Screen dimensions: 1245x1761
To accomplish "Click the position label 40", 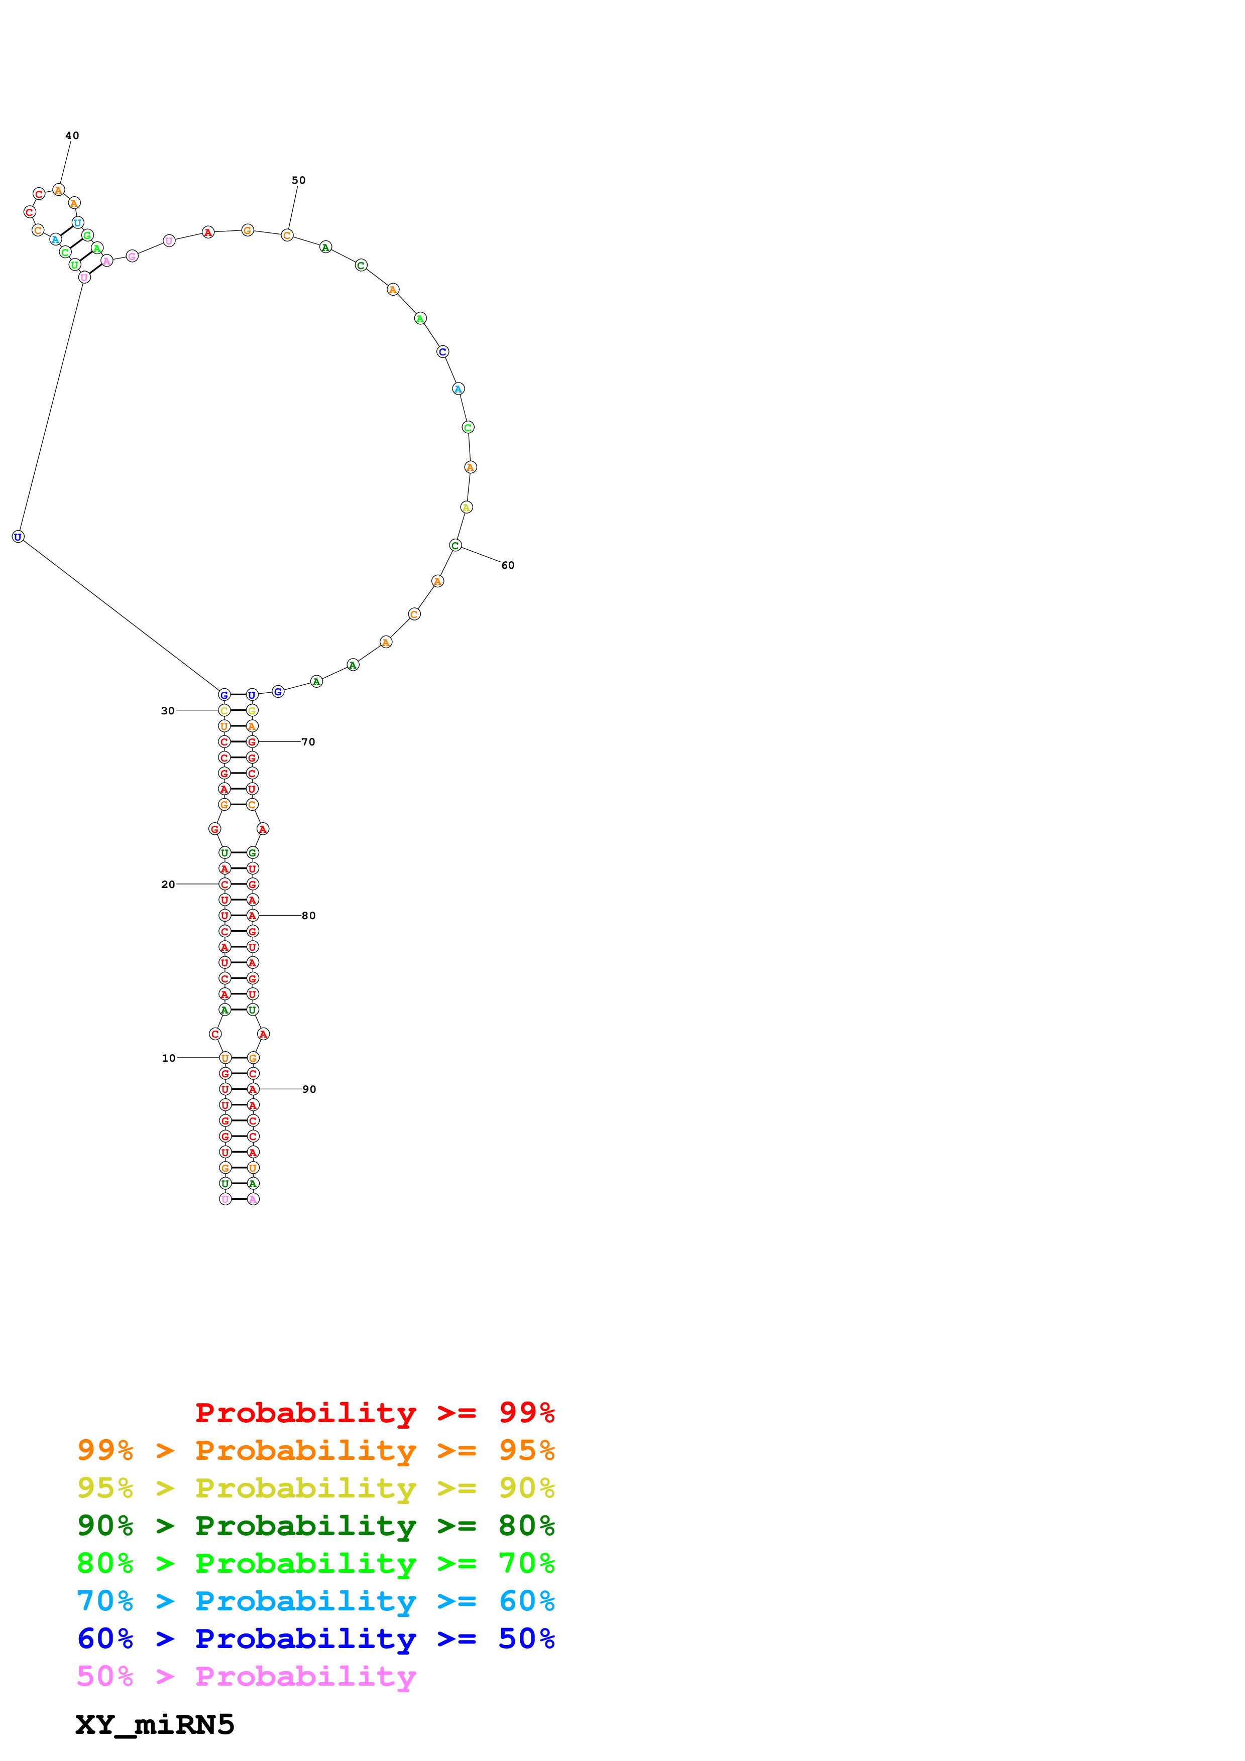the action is [72, 136].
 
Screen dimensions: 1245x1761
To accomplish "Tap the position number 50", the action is [298, 180].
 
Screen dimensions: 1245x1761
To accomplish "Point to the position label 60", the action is [508, 565].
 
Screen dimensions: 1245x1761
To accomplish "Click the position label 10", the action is [168, 1058].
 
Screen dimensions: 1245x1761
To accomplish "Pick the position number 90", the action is [309, 1089].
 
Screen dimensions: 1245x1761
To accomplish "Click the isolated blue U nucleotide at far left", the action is [18, 537].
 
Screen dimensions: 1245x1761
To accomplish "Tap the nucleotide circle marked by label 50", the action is [287, 235].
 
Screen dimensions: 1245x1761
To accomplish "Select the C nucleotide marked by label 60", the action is [455, 545].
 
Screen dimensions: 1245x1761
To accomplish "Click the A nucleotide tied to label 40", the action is [58, 189].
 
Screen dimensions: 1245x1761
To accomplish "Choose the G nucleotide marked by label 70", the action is [252, 741].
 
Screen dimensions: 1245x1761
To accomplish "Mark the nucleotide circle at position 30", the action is [224, 710].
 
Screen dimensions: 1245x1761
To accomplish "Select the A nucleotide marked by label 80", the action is [253, 916].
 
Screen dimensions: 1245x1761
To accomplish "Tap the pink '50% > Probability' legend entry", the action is [246, 1677].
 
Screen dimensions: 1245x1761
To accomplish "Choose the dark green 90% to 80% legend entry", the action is [315, 1526].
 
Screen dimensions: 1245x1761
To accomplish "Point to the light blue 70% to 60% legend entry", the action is [315, 1601].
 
